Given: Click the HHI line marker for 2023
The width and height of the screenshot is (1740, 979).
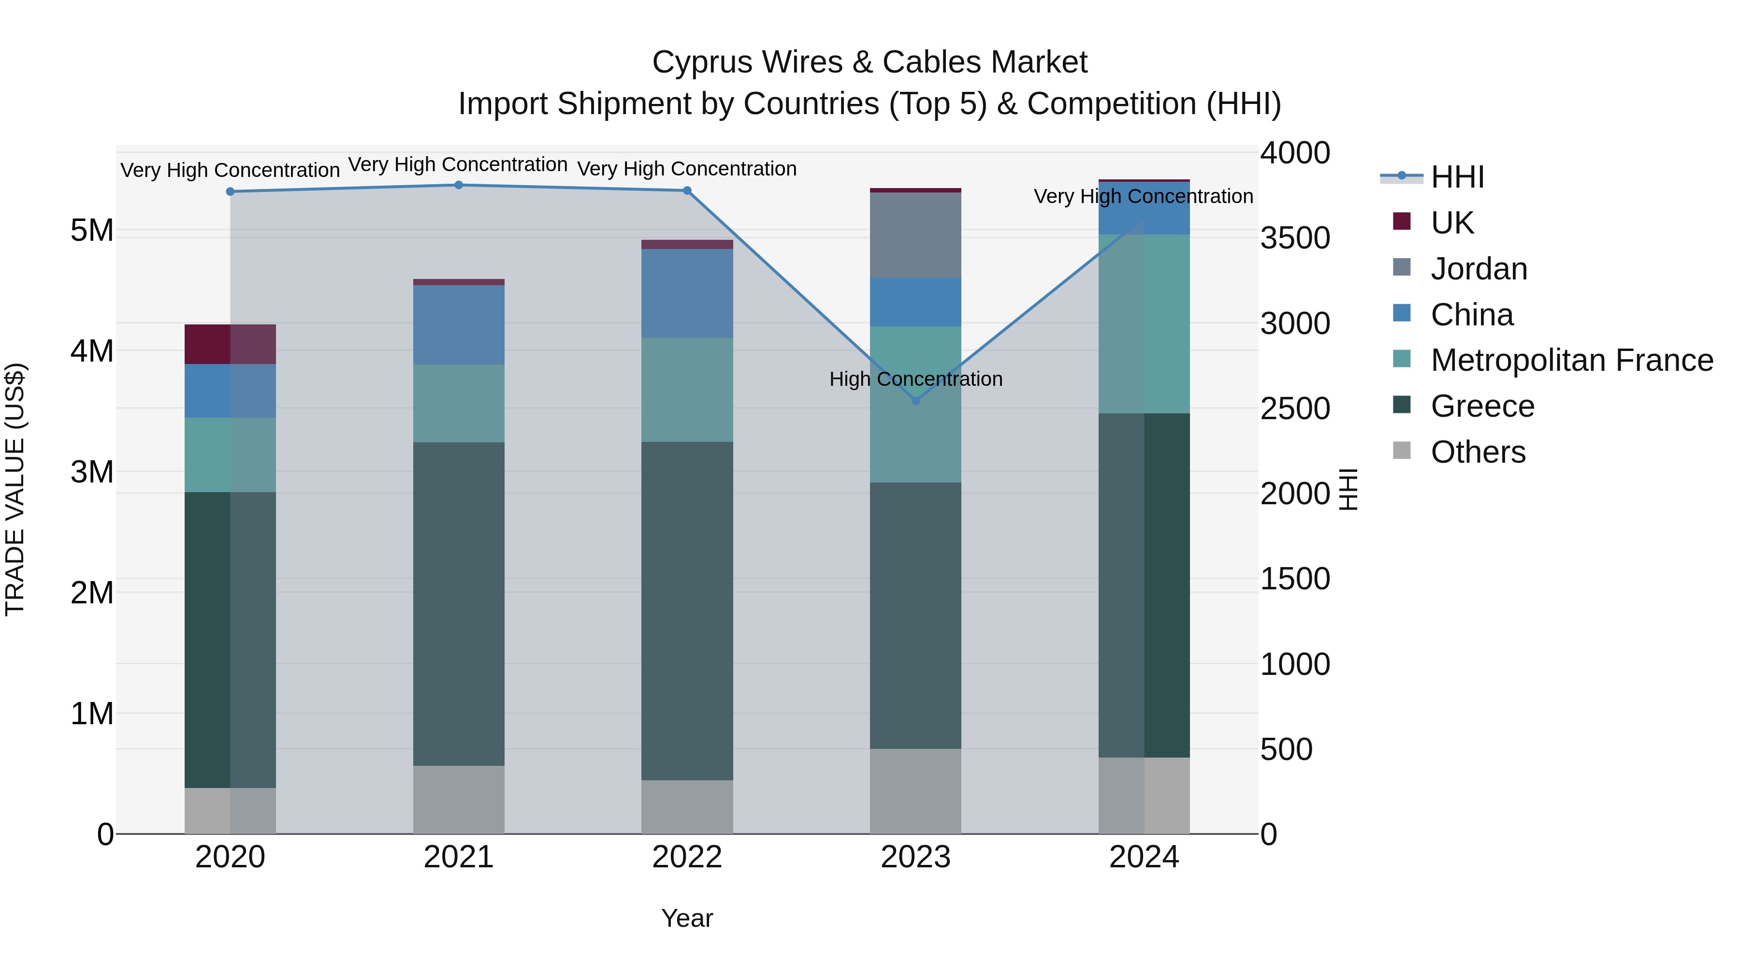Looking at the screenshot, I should point(915,401).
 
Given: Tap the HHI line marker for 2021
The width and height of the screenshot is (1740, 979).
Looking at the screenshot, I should point(459,185).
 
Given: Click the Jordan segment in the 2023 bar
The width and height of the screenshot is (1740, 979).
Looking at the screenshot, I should point(915,235).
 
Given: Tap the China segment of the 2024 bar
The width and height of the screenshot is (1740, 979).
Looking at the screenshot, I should point(1144,208).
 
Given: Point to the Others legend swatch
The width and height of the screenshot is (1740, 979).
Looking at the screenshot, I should point(1402,451).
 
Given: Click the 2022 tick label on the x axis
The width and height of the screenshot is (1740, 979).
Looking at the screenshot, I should point(687,857).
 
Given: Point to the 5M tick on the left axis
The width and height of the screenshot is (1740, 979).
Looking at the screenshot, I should point(92,231).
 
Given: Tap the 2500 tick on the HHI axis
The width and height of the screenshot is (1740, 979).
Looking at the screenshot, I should point(1295,409).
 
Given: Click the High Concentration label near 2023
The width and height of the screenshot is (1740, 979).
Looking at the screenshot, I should point(915,379).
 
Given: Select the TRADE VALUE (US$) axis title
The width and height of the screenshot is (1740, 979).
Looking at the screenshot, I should point(15,489).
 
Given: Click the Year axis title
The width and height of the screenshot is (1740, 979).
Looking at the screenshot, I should point(687,918).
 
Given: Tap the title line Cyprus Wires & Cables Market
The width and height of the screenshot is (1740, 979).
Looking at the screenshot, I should point(870,62).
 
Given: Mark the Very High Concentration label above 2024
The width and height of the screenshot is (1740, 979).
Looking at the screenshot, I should point(1143,197).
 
